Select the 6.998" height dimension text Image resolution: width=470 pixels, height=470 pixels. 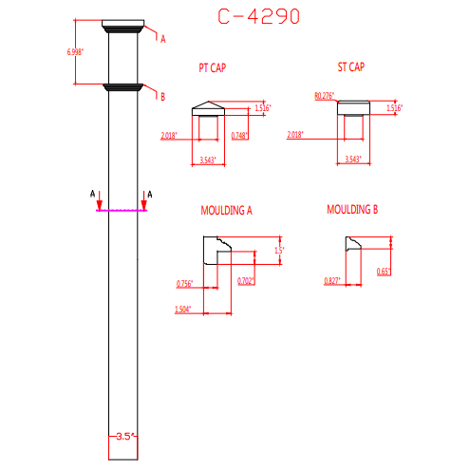(x=74, y=51)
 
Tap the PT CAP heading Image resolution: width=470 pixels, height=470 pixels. (x=212, y=67)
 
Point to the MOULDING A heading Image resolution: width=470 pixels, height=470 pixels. (x=226, y=210)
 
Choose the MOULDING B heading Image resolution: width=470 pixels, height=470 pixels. (x=352, y=210)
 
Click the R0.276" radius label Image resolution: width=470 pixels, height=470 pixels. (x=325, y=96)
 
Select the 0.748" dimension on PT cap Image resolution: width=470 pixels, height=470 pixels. (x=239, y=137)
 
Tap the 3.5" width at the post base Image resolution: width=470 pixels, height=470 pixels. (x=124, y=437)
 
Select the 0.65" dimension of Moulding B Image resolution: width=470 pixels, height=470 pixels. (x=384, y=272)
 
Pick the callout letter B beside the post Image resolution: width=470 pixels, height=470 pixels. (x=162, y=97)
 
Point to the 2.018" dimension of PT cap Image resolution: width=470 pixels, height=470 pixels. (x=170, y=137)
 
